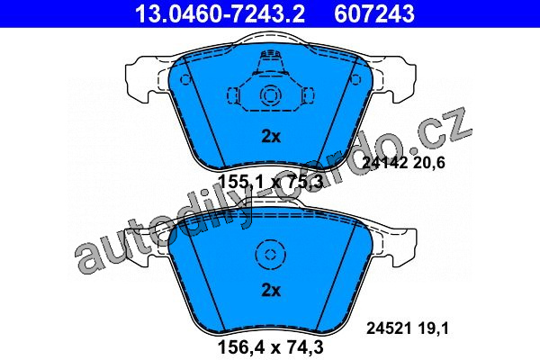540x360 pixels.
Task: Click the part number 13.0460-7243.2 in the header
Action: point(220,13)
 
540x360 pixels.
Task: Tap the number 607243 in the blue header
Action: point(374,13)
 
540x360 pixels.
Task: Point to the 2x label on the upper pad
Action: point(271,137)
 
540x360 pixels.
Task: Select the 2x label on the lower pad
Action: point(271,291)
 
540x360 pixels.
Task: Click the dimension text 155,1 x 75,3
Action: point(271,182)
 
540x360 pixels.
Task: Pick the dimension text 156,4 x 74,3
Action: point(271,346)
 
